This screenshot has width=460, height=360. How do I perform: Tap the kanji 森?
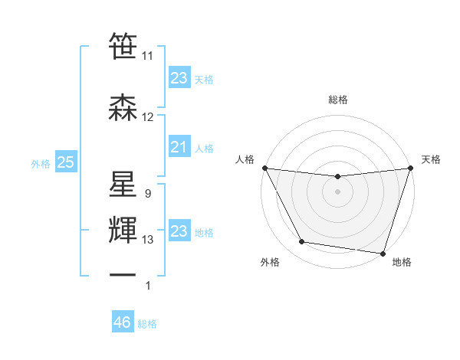[x=123, y=108]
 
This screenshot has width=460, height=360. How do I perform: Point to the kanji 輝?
[x=123, y=231]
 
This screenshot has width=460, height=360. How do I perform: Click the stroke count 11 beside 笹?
[x=148, y=56]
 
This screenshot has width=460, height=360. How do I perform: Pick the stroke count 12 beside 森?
[x=148, y=117]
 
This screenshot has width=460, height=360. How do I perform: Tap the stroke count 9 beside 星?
[x=147, y=194]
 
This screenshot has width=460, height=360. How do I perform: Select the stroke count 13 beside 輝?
[x=148, y=240]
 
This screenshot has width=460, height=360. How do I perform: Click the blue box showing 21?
[x=179, y=147]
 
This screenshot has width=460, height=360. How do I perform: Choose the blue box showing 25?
[x=65, y=162]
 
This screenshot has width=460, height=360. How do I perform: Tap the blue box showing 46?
[x=123, y=322]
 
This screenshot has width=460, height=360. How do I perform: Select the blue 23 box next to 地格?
[x=179, y=231]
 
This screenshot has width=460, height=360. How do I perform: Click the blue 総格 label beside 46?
[x=147, y=324]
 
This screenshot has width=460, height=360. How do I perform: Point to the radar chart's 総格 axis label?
[x=337, y=100]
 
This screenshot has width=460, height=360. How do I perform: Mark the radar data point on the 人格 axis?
[x=264, y=168]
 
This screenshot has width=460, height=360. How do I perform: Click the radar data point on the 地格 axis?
[x=383, y=253]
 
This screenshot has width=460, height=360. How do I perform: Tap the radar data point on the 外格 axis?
[x=302, y=242]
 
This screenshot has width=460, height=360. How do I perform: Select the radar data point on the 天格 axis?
[x=410, y=168]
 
